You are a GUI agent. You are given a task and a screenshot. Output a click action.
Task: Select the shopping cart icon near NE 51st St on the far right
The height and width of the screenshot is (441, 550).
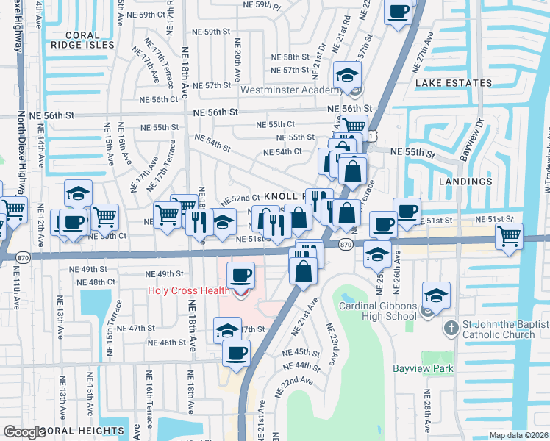pos(509,236)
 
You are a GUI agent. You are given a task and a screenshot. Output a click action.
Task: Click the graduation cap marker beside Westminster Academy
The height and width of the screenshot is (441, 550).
pos(346,73)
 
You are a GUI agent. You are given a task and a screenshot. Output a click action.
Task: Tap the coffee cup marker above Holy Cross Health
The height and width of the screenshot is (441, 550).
pos(241,276)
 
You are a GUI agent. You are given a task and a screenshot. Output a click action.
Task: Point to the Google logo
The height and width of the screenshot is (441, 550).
pos(24,432)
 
